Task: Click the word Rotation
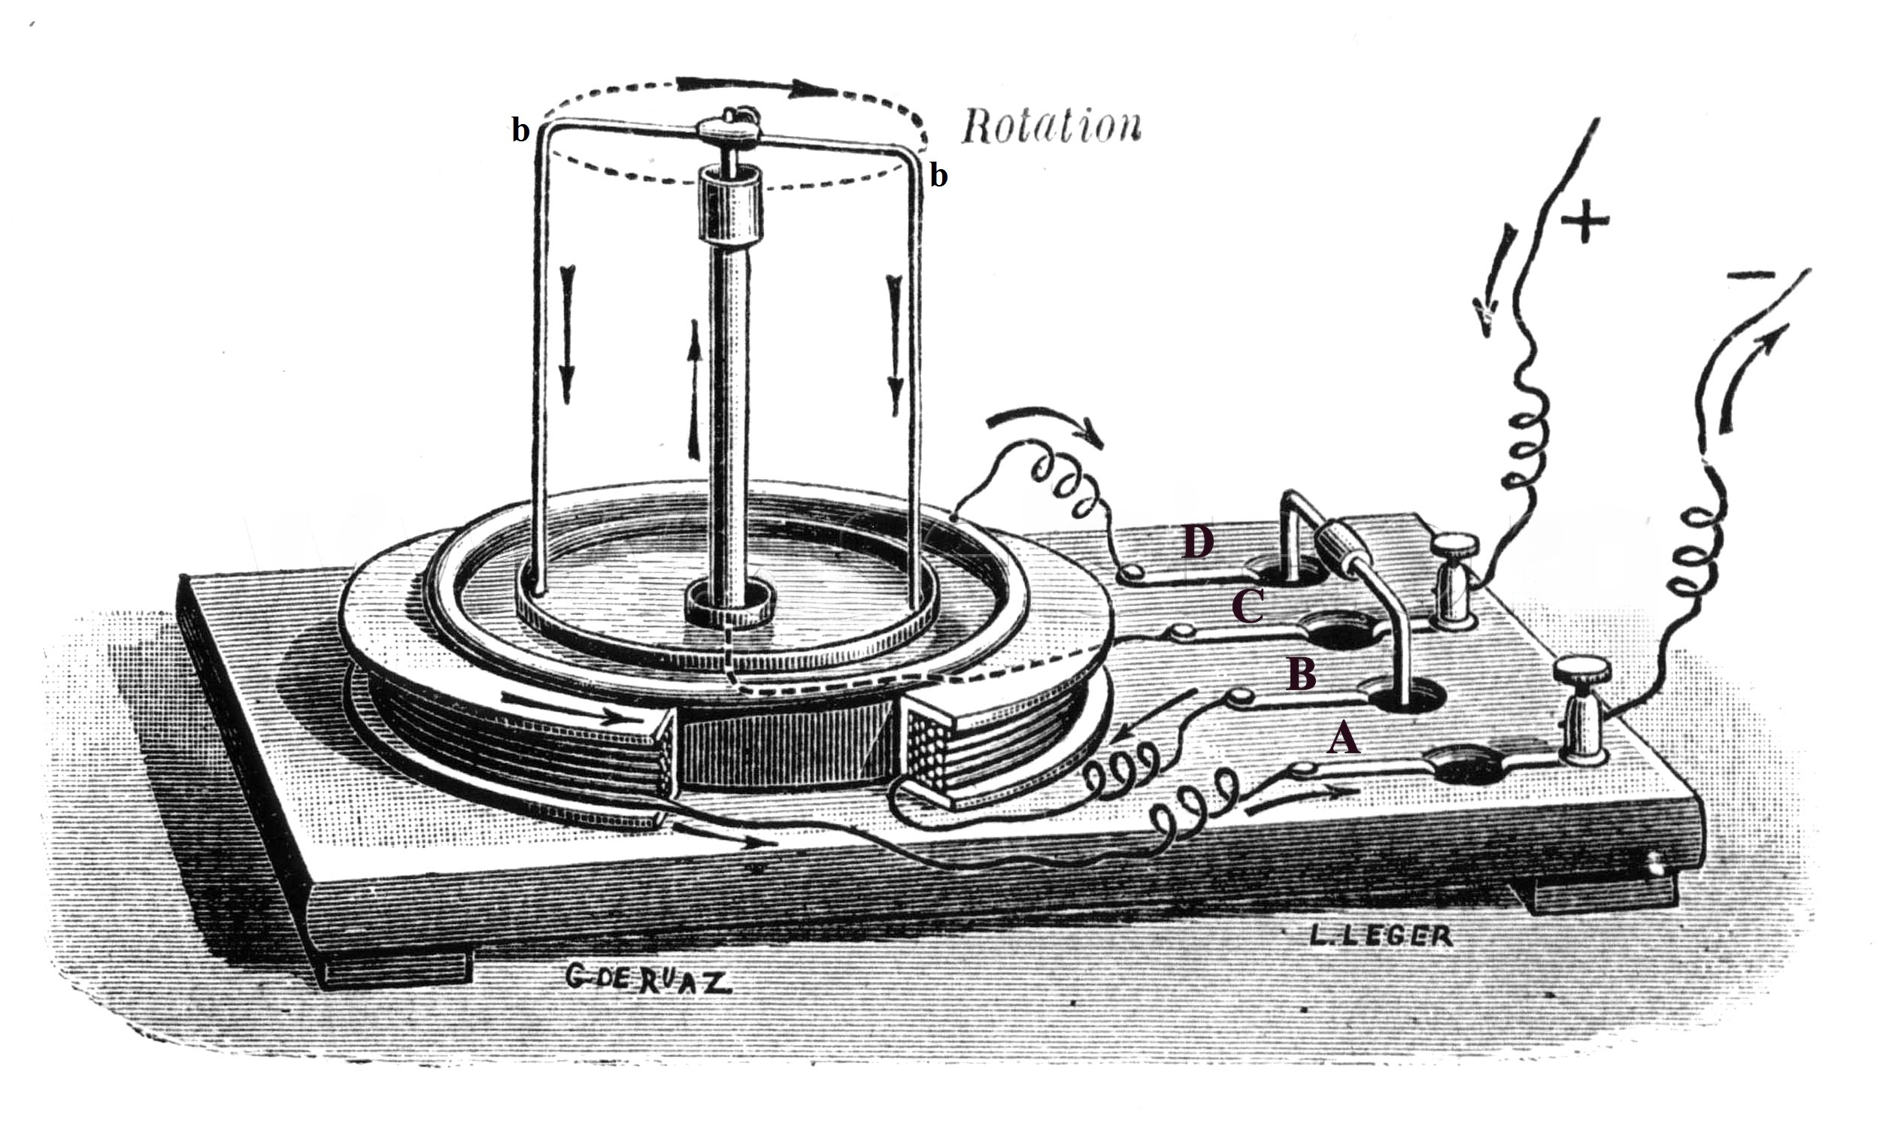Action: click(x=1051, y=129)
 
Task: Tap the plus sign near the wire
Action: click(x=1584, y=220)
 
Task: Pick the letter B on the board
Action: click(x=1301, y=674)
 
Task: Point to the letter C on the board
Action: click(x=1247, y=607)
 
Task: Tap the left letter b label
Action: click(x=520, y=131)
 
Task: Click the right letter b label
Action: click(x=939, y=176)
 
